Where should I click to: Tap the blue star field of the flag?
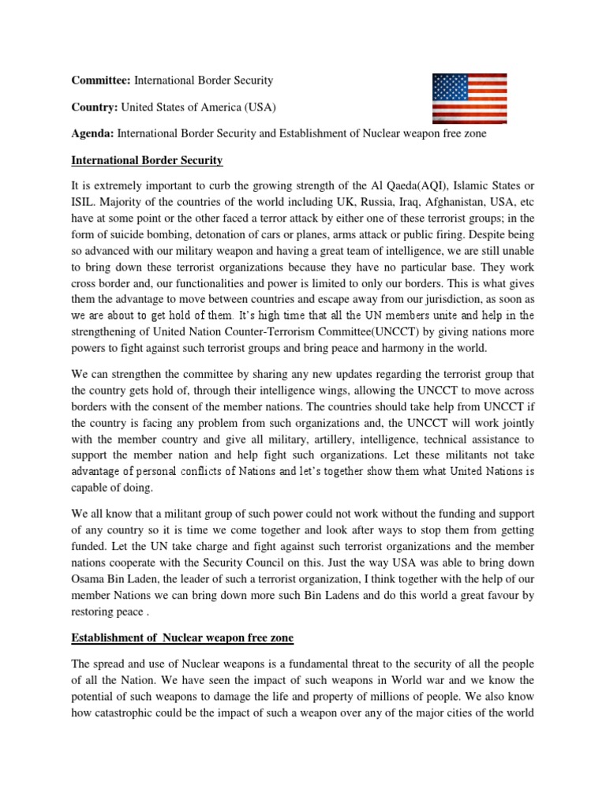pyautogui.click(x=449, y=88)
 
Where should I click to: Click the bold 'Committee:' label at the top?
pyautogui.click(x=101, y=80)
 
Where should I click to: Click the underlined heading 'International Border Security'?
pyautogui.click(x=147, y=160)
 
